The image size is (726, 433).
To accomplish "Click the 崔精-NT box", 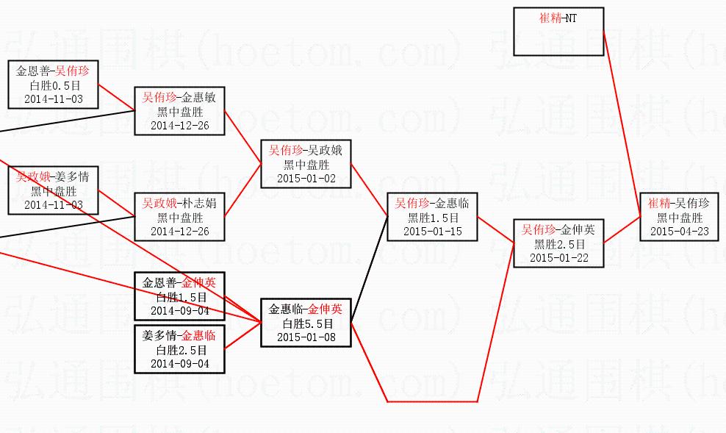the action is click(558, 32).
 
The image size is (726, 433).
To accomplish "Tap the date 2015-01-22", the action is click(559, 257).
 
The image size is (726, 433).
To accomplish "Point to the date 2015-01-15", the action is click(433, 231).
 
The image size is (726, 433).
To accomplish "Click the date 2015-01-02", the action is click(306, 178).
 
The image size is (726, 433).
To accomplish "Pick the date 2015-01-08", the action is click(306, 337).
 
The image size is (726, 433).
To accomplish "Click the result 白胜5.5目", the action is click(307, 323).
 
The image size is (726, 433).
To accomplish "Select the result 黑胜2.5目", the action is click(559, 244).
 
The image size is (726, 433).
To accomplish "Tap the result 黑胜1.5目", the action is click(433, 218).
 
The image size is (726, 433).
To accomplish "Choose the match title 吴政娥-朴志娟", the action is click(179, 204).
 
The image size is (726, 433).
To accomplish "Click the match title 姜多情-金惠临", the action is click(179, 336).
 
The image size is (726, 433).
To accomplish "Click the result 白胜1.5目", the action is click(179, 297).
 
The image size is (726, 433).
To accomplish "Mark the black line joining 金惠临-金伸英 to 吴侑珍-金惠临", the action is click(370, 270).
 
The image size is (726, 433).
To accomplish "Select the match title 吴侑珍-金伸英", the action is click(559, 230).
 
